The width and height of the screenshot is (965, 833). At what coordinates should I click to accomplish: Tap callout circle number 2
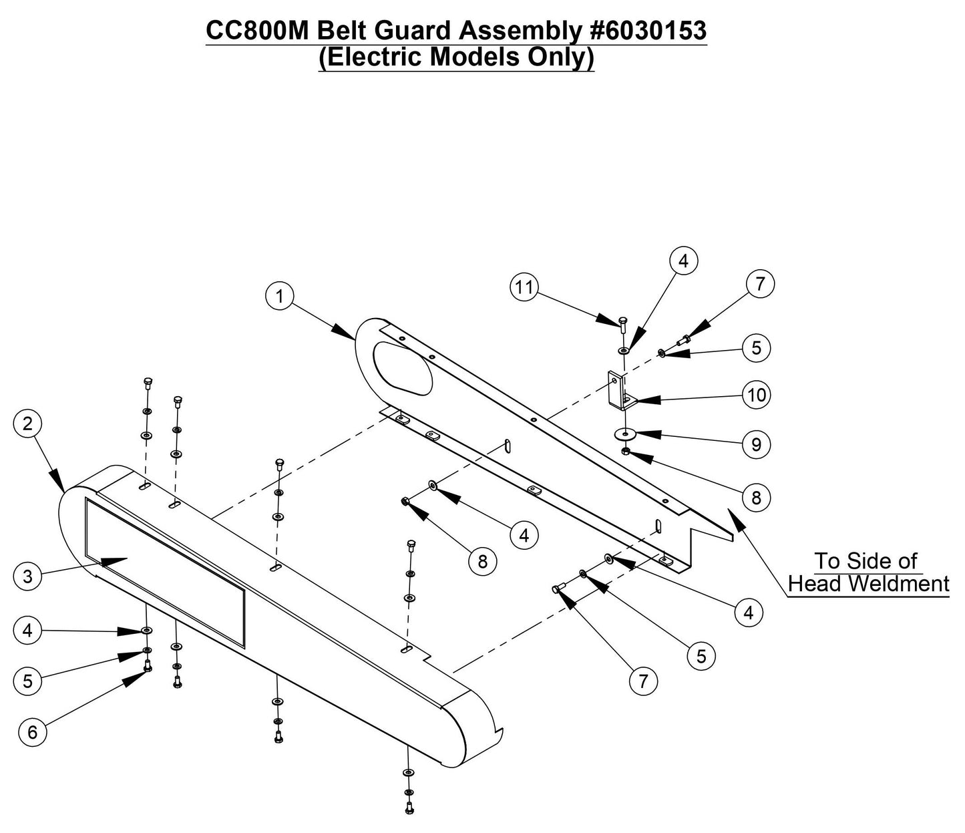pyautogui.click(x=27, y=424)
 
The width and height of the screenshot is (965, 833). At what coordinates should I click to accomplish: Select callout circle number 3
pyautogui.click(x=27, y=576)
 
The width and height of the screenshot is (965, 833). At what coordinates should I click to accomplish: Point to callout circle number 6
pyautogui.click(x=32, y=732)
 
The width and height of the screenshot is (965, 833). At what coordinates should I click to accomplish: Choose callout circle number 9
pyautogui.click(x=756, y=444)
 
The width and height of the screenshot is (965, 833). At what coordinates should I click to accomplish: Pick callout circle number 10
pyautogui.click(x=757, y=395)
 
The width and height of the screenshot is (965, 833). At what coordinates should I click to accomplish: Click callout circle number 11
pyautogui.click(x=524, y=287)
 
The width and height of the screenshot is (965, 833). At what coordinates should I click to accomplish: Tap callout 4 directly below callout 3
pyautogui.click(x=27, y=630)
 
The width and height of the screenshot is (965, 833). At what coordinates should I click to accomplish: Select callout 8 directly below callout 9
pyautogui.click(x=756, y=497)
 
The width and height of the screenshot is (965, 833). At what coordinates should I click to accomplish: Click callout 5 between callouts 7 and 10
pyautogui.click(x=756, y=347)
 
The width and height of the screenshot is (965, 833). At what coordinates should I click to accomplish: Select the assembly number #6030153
pyautogui.click(x=648, y=31)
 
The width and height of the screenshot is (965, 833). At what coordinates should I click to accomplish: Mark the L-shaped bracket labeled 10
pyautogui.click(x=617, y=391)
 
